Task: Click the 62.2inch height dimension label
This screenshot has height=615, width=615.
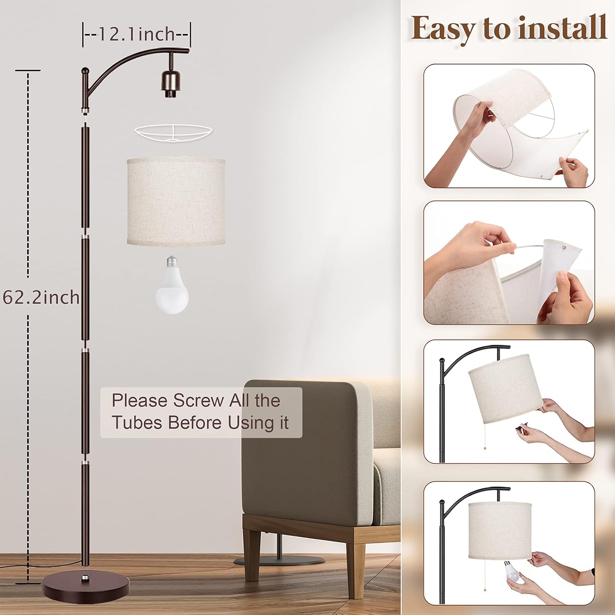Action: coord(41,297)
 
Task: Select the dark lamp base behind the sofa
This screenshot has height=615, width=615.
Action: coord(279,560)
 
